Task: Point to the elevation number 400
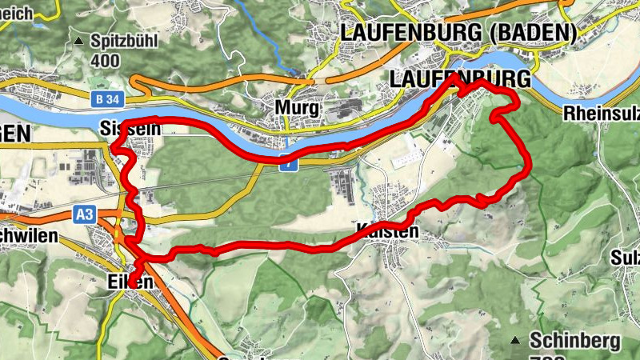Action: point(105,61)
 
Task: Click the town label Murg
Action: point(297,108)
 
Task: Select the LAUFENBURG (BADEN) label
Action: point(458,33)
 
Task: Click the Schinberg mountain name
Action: point(574,341)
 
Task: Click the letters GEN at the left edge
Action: point(12,130)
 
